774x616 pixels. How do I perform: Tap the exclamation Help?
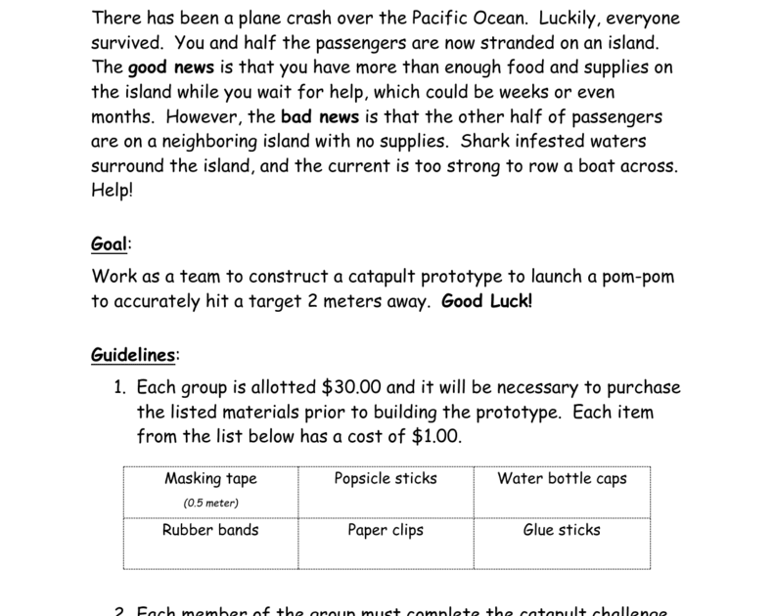pos(113,190)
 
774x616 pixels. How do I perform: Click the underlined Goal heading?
pos(110,243)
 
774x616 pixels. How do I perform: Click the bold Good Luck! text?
pos(487,301)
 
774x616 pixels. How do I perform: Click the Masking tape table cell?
pos(210,479)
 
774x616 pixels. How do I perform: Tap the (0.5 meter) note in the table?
pos(210,503)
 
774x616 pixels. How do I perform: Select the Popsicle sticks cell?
pos(386,479)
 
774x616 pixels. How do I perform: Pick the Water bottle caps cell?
pos(562,479)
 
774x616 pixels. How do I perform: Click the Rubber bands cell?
pos(210,530)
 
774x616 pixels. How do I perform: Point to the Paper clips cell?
pos(386,530)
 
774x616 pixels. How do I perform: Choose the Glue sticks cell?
pos(562,530)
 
